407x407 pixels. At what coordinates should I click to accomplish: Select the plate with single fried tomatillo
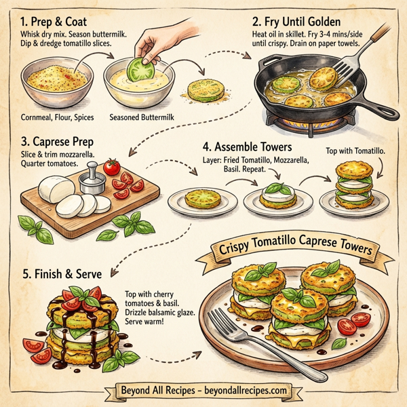pyautogui.click(x=201, y=199)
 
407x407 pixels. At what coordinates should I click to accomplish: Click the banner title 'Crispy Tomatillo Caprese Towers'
pyautogui.click(x=296, y=251)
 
